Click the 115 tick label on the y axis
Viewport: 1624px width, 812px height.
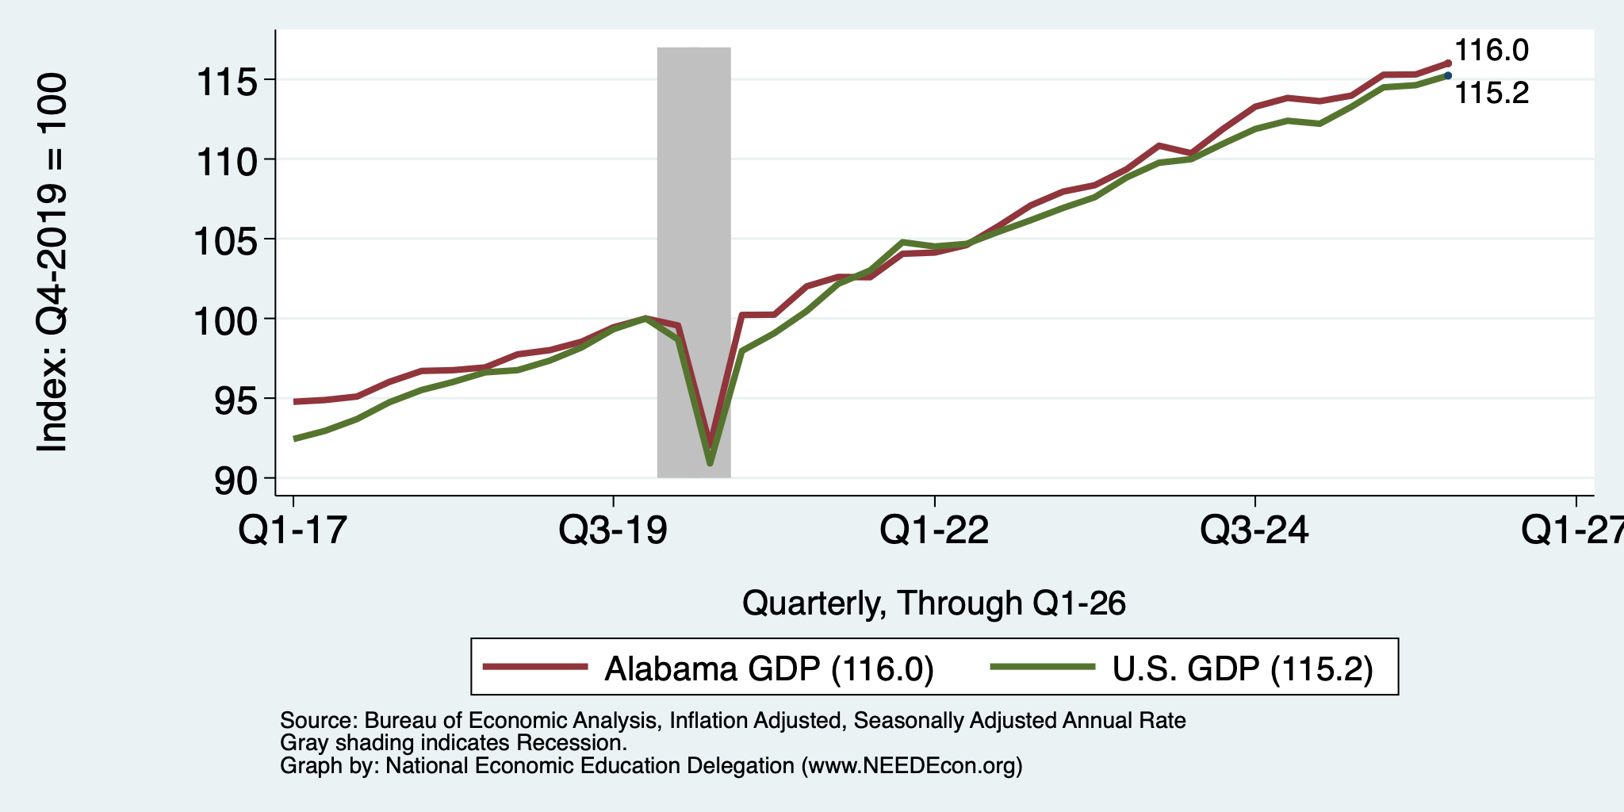[x=227, y=81]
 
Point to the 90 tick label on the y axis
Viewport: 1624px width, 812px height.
[x=236, y=479]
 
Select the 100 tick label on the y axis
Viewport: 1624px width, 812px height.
[x=227, y=320]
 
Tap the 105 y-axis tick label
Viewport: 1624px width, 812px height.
[x=227, y=240]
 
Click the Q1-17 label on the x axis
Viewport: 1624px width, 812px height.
[x=293, y=530]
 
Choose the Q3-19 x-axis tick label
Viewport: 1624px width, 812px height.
[x=613, y=530]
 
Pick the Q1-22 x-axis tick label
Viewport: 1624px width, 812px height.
[x=934, y=530]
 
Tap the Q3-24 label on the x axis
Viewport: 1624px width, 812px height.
[x=1254, y=530]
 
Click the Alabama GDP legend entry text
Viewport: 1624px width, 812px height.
[x=769, y=668]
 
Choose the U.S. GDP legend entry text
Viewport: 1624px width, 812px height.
[x=1243, y=668]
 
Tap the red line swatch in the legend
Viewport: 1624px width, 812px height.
[x=536, y=667]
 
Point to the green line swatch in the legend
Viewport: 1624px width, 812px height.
[x=1044, y=667]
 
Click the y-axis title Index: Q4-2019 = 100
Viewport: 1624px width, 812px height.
[x=52, y=263]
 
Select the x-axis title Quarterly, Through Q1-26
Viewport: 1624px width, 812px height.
[x=934, y=603]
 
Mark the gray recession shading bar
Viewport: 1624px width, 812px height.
[x=694, y=262]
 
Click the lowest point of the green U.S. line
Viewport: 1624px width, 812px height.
[x=710, y=463]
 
